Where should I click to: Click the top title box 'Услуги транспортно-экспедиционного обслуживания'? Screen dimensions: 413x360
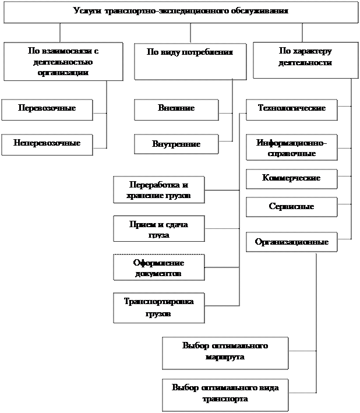181,12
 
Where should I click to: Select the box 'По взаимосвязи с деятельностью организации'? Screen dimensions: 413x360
63,61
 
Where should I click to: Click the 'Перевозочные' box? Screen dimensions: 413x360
47,110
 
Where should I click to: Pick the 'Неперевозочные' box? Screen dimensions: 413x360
47,144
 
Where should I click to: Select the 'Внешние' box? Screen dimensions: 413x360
176,110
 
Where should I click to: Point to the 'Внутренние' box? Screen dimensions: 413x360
176,144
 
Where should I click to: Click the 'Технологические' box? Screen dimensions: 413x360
291,109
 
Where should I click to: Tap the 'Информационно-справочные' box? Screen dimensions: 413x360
291,149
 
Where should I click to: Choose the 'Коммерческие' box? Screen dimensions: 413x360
291,179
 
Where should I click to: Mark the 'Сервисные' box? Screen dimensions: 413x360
291,207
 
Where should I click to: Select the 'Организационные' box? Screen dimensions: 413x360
291,242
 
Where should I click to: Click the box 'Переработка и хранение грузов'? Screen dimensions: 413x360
158,190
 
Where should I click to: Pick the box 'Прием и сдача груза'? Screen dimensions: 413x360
158,229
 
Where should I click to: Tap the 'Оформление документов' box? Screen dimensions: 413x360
158,267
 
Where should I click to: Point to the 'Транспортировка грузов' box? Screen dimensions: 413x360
158,308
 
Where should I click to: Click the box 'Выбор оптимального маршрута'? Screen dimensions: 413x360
225,352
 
